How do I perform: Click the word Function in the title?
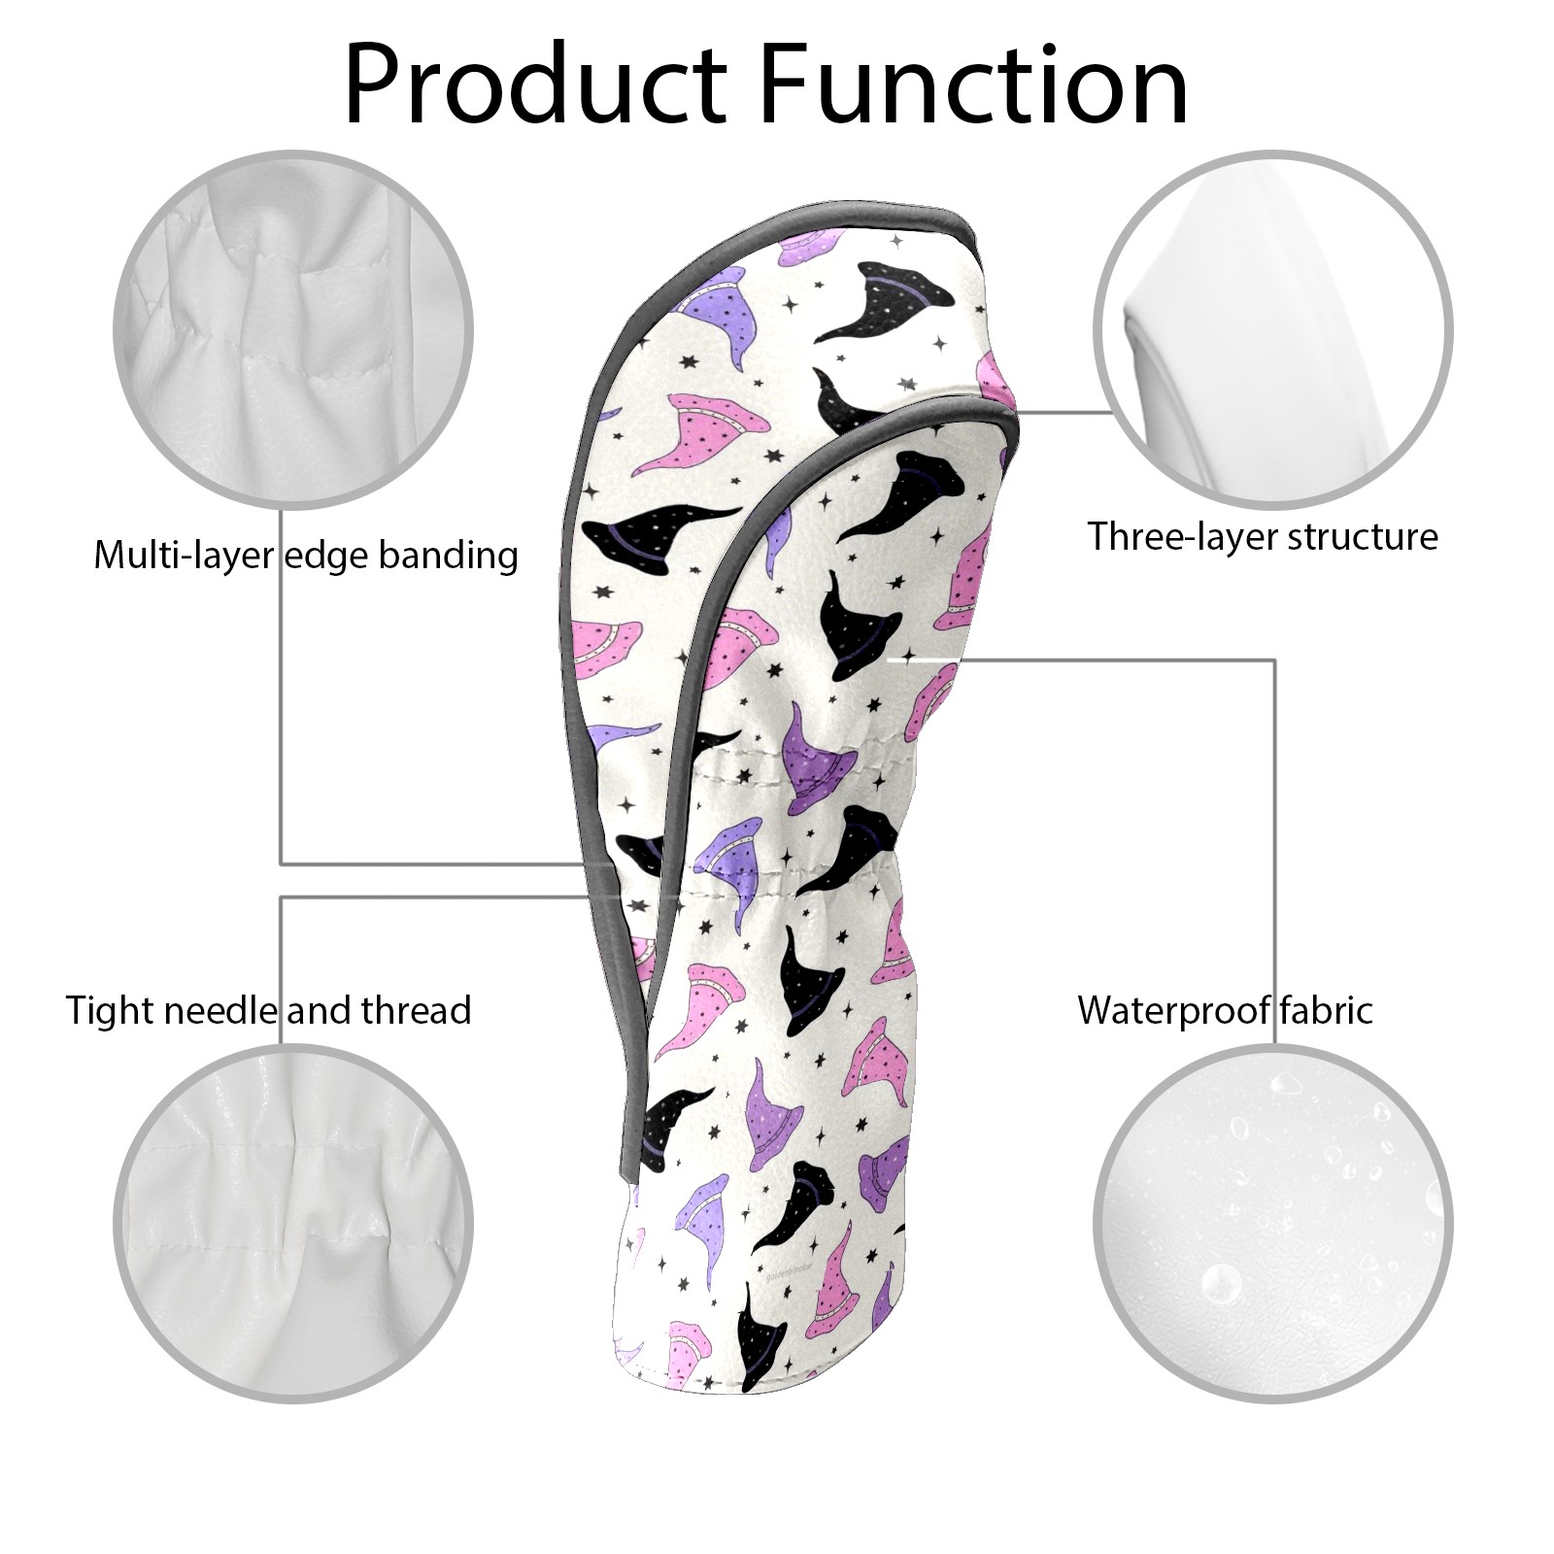coord(974,85)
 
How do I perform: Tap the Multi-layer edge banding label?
coord(306,556)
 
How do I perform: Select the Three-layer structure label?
coord(1263,536)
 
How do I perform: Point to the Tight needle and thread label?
coord(268,1011)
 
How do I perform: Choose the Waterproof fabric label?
coord(1225,1010)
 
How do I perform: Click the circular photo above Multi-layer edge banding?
coord(293,329)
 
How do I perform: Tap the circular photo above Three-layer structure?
coord(1272,329)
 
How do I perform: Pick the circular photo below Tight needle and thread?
coord(293,1225)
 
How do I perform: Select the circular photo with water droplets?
coord(1272,1225)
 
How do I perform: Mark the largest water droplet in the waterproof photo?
coord(1219,1283)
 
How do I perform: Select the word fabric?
coord(1326,1010)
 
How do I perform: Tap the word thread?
coord(417,1010)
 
